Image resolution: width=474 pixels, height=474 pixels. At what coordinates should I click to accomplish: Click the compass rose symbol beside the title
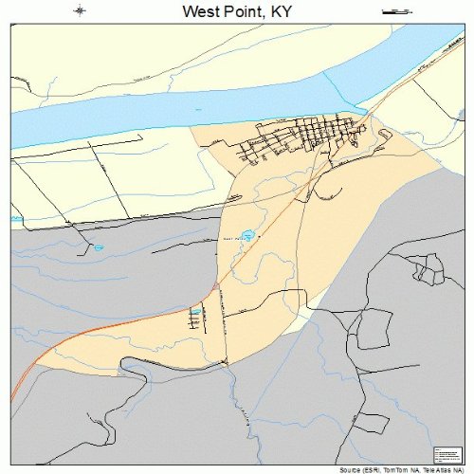[80, 11]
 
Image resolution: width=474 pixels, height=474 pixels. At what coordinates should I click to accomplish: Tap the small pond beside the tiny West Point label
[248, 234]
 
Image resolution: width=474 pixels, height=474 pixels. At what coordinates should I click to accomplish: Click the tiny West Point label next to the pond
[231, 239]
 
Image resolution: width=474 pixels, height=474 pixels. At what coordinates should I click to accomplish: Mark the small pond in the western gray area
[97, 248]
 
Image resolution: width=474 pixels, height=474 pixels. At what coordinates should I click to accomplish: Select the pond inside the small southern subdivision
[196, 311]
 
